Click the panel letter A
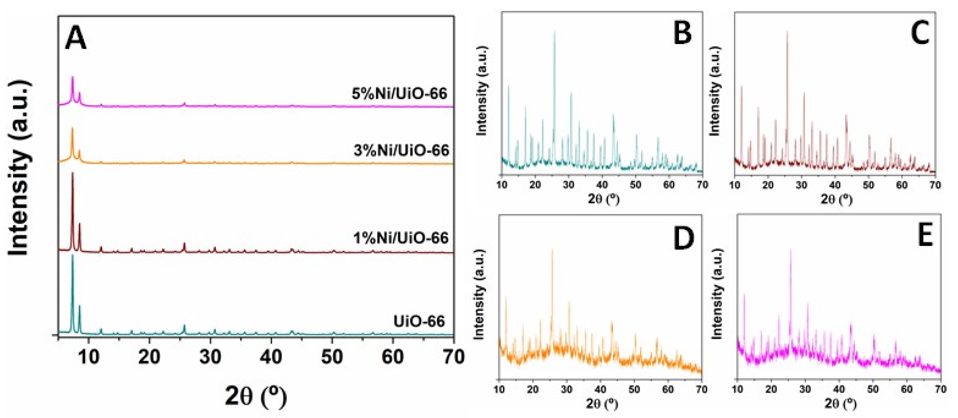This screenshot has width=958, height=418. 76,39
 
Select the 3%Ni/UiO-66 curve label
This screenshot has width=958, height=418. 402,150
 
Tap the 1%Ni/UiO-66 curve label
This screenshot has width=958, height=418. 401,237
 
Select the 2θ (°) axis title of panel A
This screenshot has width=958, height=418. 256,397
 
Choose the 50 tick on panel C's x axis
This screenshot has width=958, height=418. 868,185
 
